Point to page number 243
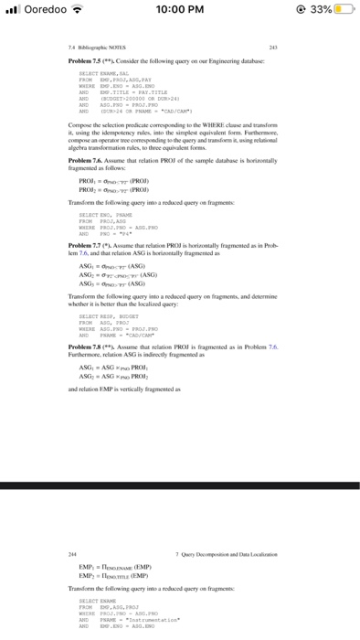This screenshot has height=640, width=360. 290,49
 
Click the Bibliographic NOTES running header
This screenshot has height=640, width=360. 92,49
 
